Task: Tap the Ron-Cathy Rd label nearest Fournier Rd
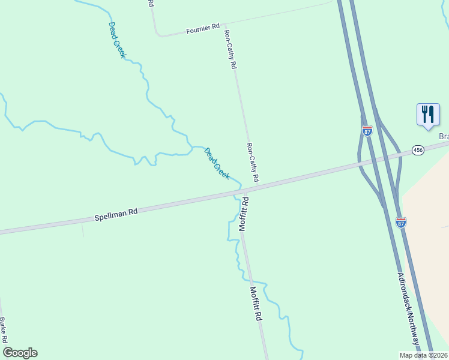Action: tap(229, 50)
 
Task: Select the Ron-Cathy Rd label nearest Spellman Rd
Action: tap(252, 163)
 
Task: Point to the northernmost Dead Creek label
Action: tap(117, 40)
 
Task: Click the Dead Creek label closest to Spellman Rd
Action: tap(217, 163)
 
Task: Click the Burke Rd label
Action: tap(3, 331)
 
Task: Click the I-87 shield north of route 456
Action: tap(367, 130)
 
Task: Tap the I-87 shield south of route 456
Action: tap(402, 222)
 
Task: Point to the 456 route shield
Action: tap(418, 149)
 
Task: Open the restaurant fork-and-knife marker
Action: tap(428, 114)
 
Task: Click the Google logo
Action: tap(20, 353)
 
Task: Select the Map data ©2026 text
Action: tap(424, 355)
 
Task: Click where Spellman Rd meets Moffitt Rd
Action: tap(244, 191)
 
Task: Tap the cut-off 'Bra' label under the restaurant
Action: tap(444, 137)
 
